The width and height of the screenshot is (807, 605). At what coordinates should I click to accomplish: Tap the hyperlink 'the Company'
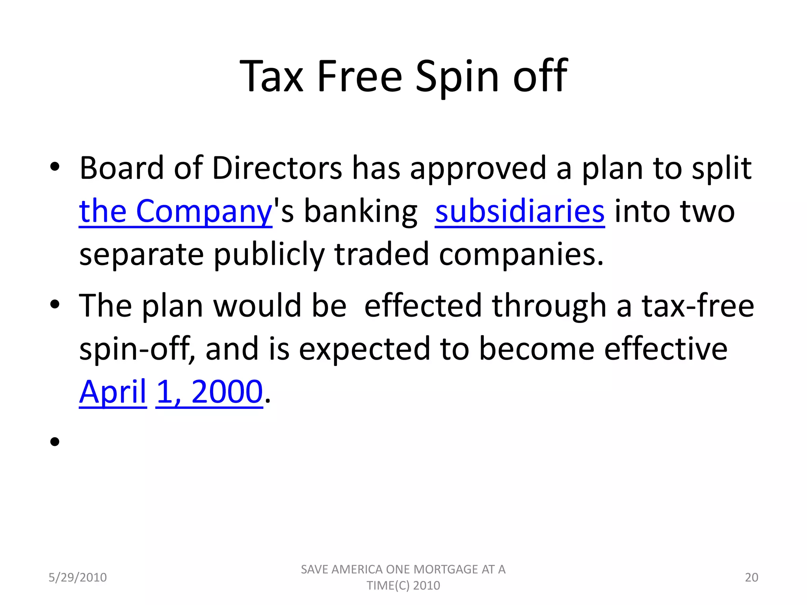(x=175, y=212)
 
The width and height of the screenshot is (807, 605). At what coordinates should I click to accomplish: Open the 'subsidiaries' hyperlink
(x=519, y=212)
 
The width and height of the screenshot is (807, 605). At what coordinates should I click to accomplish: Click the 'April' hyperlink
(x=113, y=392)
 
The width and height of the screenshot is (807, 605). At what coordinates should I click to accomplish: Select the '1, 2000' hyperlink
(x=209, y=392)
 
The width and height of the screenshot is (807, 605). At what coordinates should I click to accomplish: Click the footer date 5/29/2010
(x=78, y=577)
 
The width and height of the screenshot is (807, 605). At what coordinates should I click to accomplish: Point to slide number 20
(x=751, y=577)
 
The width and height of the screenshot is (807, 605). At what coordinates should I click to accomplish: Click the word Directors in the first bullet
(x=277, y=168)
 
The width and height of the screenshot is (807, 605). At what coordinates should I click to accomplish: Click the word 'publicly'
(x=269, y=255)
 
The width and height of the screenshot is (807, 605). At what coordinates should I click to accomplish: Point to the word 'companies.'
(x=521, y=255)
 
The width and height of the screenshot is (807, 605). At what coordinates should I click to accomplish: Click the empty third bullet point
(x=55, y=442)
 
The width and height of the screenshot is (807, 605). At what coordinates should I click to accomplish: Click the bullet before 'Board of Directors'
(x=55, y=167)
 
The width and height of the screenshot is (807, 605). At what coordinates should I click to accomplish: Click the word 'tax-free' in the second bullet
(x=697, y=306)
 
